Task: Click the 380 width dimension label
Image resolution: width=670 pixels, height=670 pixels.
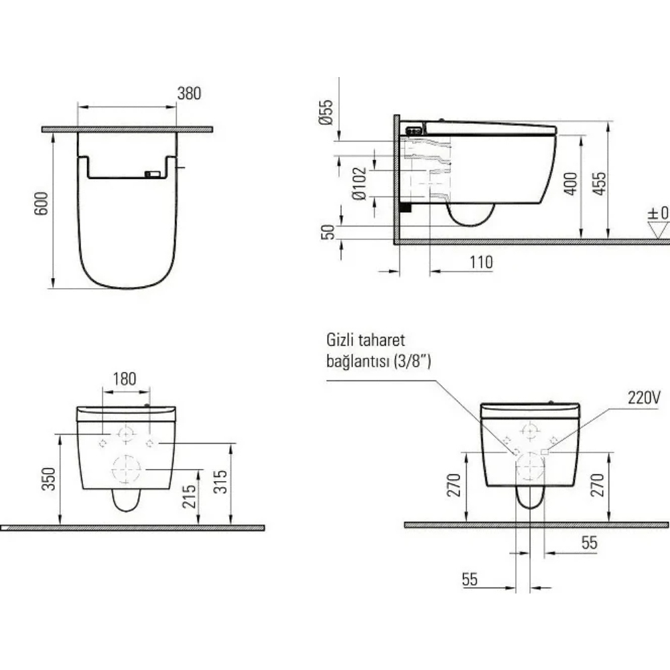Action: click(189, 93)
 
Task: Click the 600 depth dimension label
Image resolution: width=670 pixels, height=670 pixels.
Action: click(42, 204)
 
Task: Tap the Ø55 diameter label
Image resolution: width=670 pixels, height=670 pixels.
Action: click(326, 112)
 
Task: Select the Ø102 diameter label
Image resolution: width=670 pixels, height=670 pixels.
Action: click(359, 184)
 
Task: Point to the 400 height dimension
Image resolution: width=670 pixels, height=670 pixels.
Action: click(570, 184)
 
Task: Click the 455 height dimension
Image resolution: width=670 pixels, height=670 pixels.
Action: click(599, 184)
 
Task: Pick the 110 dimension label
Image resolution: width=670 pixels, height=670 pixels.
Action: click(481, 262)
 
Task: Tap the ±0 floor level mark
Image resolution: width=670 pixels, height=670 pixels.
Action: click(658, 213)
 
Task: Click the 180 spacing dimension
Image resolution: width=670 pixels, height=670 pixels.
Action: click(125, 379)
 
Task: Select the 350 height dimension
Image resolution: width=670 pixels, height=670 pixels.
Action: click(49, 479)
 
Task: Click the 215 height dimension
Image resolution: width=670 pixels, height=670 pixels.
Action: click(190, 496)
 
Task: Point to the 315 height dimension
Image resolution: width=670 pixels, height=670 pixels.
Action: click(220, 482)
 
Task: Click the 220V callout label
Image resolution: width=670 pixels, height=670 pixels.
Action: click(644, 397)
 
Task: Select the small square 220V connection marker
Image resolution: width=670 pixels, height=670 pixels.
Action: click(544, 452)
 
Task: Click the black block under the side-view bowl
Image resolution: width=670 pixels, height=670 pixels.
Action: click(405, 207)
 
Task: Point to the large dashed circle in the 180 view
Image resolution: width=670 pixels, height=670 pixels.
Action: click(126, 469)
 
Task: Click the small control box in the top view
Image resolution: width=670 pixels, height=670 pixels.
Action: click(153, 174)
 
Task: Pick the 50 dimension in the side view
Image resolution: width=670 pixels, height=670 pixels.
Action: click(328, 232)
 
